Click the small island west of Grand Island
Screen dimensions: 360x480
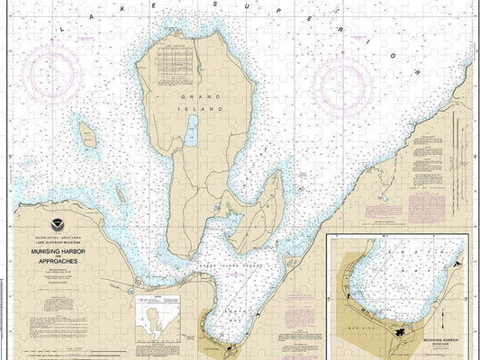click(x=88, y=135)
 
